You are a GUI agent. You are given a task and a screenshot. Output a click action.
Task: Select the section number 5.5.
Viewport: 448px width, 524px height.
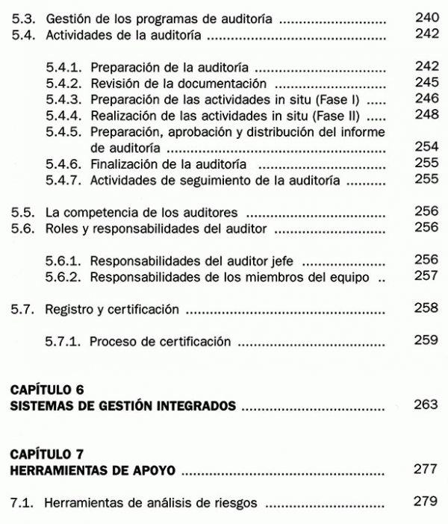pos(21,213)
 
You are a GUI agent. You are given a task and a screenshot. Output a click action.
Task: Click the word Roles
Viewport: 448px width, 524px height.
pos(60,229)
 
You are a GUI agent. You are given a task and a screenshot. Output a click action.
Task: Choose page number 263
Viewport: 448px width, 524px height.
pos(426,407)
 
